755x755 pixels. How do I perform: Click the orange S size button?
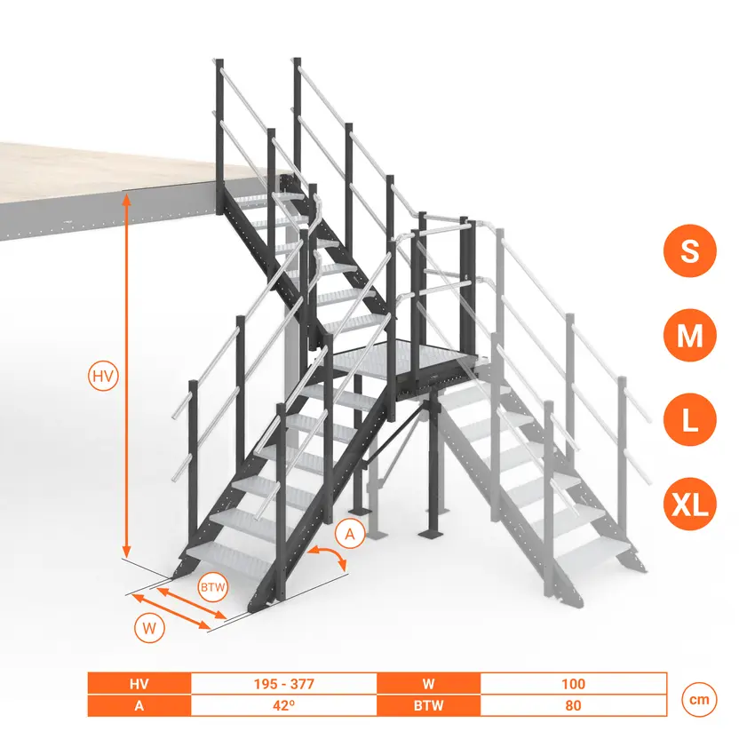point(689,250)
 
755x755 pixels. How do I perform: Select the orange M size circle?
point(689,335)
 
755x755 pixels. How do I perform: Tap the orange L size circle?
point(689,420)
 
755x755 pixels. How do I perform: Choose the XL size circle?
point(689,505)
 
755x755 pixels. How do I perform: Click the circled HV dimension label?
point(104,376)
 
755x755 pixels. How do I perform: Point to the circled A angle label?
point(350,534)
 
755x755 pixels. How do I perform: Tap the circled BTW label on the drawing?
point(213,587)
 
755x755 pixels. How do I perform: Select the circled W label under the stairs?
point(150,628)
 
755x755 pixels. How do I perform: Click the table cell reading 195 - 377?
point(284,684)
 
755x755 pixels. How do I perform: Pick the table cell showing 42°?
point(284,705)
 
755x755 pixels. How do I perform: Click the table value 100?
point(573,684)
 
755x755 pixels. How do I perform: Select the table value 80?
point(573,705)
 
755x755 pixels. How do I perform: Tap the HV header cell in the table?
point(139,684)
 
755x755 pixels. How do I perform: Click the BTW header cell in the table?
point(428,705)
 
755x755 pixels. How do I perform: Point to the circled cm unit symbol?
point(699,700)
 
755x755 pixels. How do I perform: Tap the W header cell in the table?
point(428,684)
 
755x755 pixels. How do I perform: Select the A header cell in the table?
point(139,705)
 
